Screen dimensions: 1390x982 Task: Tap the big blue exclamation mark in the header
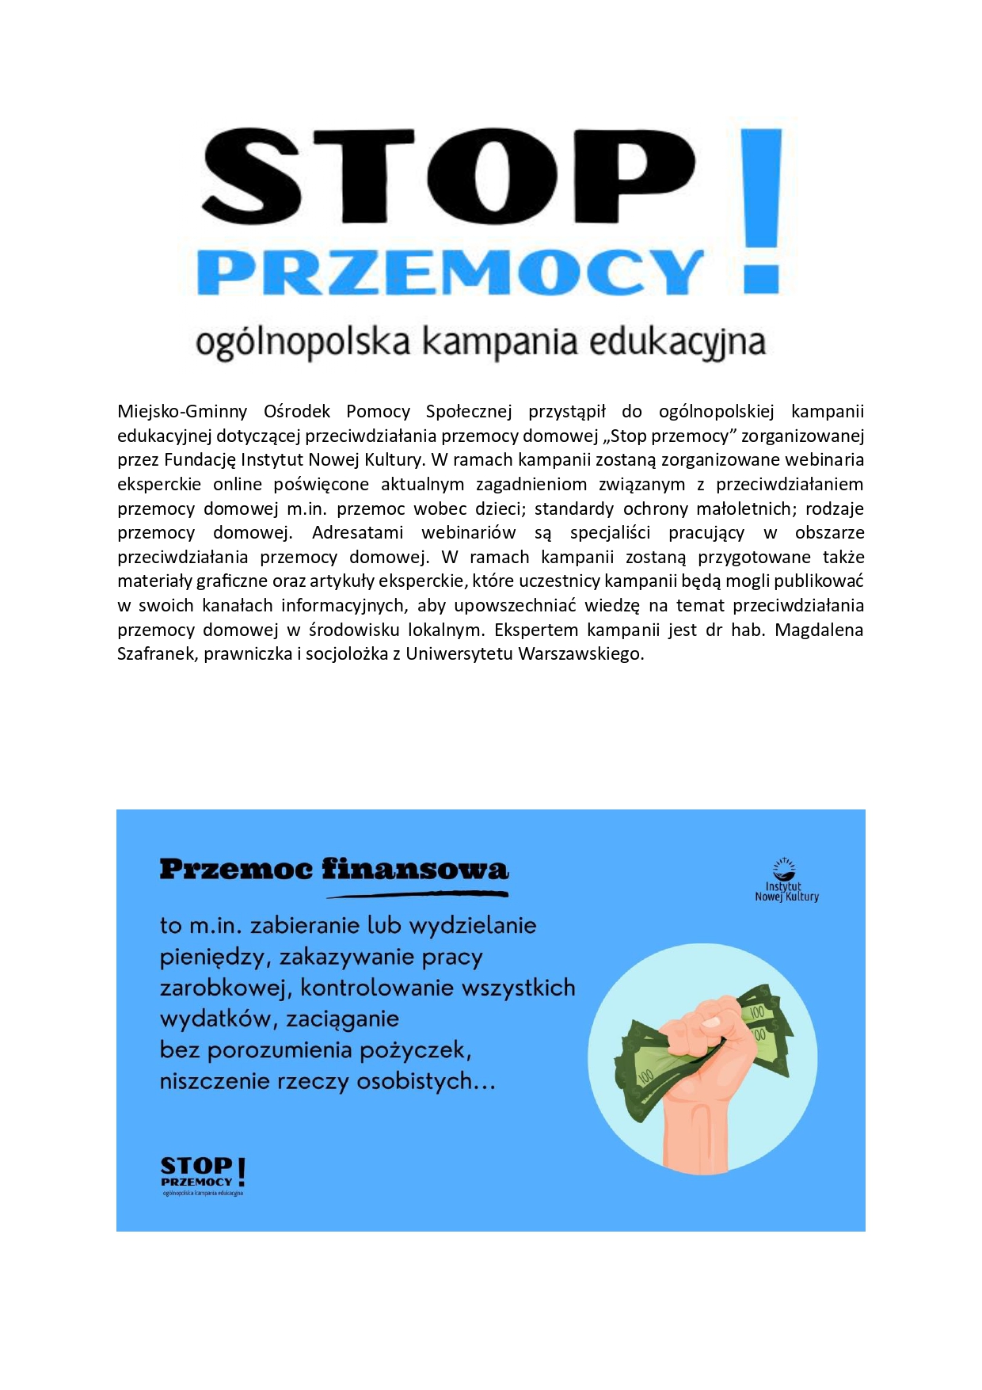(x=762, y=211)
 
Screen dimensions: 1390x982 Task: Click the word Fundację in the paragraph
(x=200, y=460)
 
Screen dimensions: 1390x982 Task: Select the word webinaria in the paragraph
(x=825, y=460)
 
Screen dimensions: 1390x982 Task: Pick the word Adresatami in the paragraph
(x=357, y=533)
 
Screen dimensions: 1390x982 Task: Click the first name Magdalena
(x=819, y=630)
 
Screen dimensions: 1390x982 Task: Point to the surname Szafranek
(x=155, y=654)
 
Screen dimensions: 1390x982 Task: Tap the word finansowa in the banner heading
(x=415, y=870)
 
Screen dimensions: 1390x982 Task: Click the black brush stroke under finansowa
(x=417, y=895)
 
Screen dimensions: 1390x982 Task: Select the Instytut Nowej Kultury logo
(x=786, y=881)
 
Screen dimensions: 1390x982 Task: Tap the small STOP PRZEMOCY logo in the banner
(x=204, y=1175)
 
